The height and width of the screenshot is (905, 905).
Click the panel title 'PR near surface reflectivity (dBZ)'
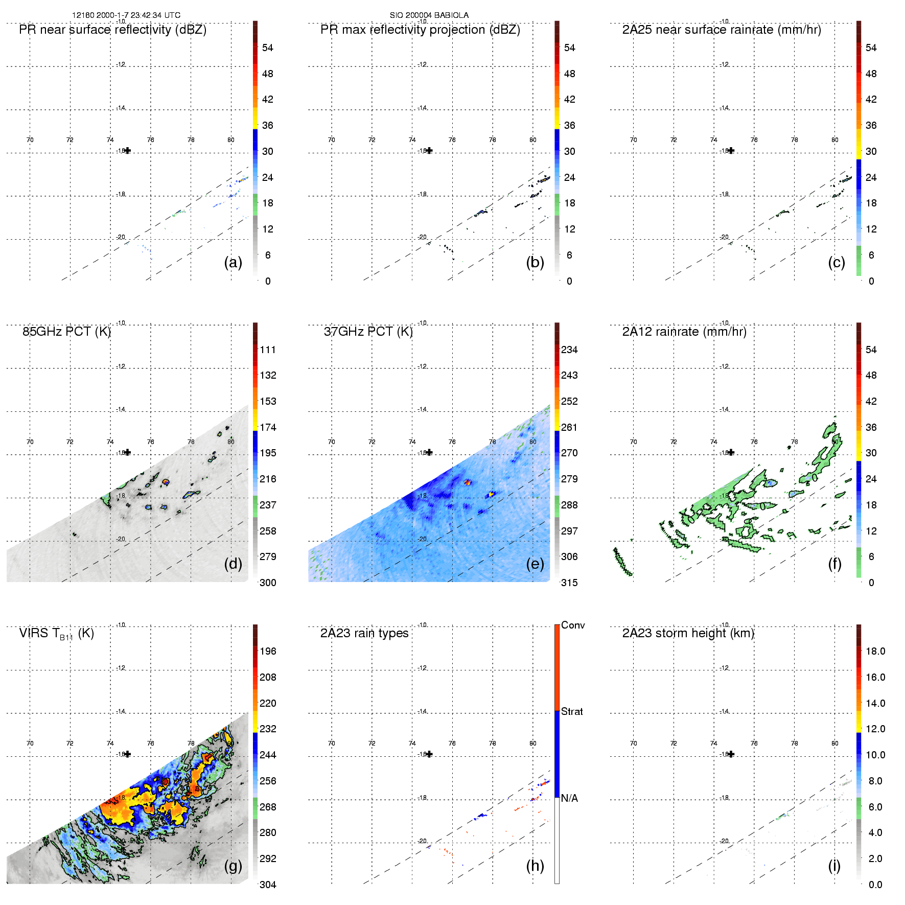pos(112,30)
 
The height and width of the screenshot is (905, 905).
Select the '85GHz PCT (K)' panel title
pos(66,332)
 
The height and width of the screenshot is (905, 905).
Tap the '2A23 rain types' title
pos(364,633)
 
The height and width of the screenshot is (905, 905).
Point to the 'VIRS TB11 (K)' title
pos(56,634)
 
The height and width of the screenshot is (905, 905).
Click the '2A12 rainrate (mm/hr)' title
pos(684,332)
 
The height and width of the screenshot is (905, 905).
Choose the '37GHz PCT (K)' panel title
pos(368,332)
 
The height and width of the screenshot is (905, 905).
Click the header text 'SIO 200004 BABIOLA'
pos(429,15)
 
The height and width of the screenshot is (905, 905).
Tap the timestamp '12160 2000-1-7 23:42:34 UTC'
pos(126,15)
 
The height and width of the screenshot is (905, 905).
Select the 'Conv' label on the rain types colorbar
pos(573,625)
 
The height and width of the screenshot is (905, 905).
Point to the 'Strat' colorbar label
pos(572,711)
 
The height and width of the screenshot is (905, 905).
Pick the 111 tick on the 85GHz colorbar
pos(268,350)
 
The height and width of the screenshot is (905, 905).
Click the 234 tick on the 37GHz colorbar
pos(569,350)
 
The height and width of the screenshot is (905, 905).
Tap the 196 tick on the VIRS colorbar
pos(268,651)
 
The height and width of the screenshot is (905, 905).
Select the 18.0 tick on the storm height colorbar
pos(875,651)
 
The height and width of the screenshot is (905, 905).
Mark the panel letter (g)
pos(233,866)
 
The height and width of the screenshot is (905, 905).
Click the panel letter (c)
pos(837,262)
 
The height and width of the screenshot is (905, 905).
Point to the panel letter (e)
pos(535,564)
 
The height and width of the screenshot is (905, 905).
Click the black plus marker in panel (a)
pos(128,151)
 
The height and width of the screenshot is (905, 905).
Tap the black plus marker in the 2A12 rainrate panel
pos(731,452)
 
